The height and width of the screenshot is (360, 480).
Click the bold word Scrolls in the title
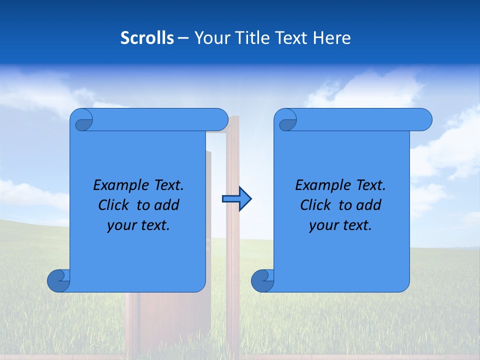click(x=147, y=38)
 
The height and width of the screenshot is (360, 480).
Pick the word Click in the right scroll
click(x=315, y=205)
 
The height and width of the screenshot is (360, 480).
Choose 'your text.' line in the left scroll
click(x=138, y=225)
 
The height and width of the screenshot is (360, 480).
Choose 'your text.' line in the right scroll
click(x=340, y=225)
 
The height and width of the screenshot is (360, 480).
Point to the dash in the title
click(x=183, y=38)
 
